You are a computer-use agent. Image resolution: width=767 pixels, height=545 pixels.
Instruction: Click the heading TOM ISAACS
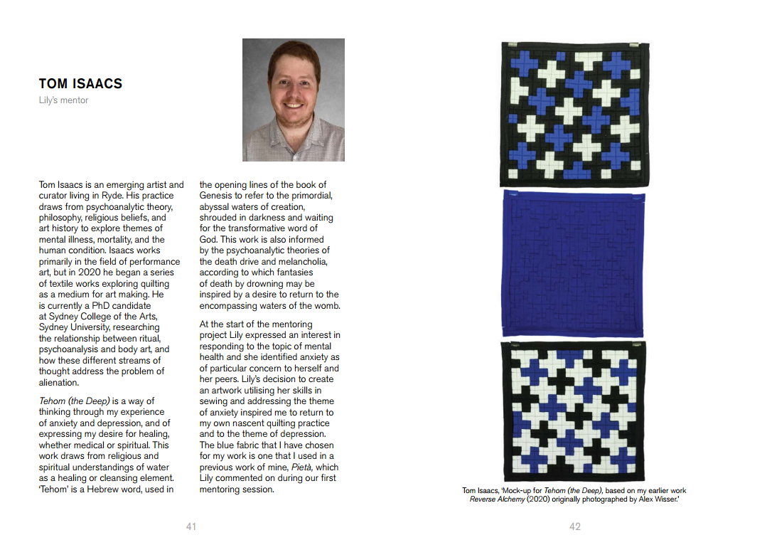(80, 84)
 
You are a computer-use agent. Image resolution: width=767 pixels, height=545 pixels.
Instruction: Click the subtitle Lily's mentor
(64, 100)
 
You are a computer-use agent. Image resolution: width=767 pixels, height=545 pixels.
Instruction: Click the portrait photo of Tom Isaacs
(294, 100)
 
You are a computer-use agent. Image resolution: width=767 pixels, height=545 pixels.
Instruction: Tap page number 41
(191, 527)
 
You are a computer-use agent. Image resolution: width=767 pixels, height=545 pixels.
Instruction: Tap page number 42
(575, 527)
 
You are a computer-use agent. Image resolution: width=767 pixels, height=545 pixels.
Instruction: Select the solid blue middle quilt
(574, 263)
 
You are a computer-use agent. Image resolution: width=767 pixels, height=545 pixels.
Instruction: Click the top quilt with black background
(574, 112)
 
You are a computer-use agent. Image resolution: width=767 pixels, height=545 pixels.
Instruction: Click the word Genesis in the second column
(216, 196)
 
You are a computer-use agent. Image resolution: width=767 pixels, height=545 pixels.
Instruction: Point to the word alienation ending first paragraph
(58, 383)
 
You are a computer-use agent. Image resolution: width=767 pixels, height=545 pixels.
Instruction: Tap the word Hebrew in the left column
(100, 490)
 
